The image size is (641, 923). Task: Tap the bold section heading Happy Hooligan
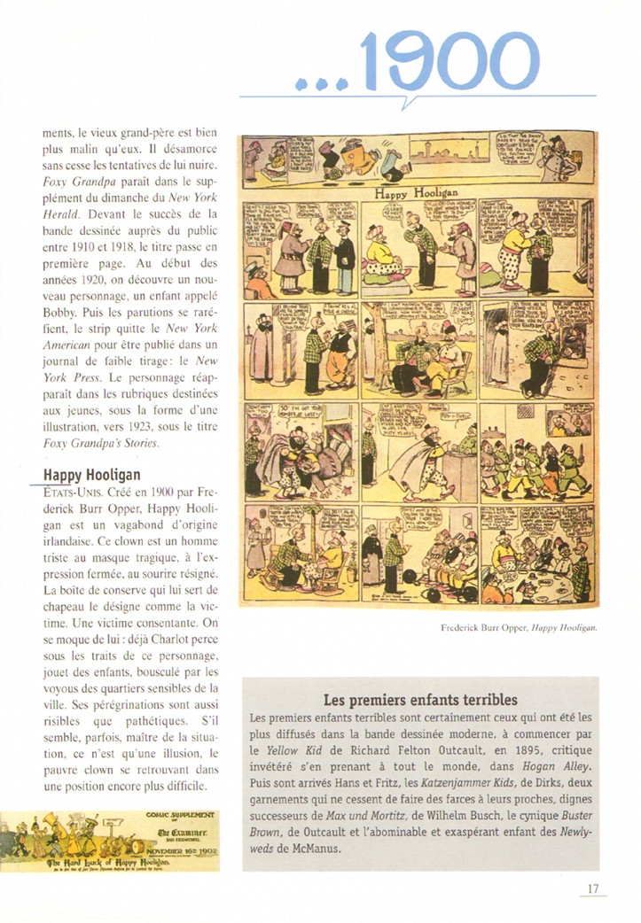pos(91,475)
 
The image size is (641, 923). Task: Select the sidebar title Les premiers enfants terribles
pos(419,697)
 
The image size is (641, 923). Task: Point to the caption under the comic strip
pos(519,628)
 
